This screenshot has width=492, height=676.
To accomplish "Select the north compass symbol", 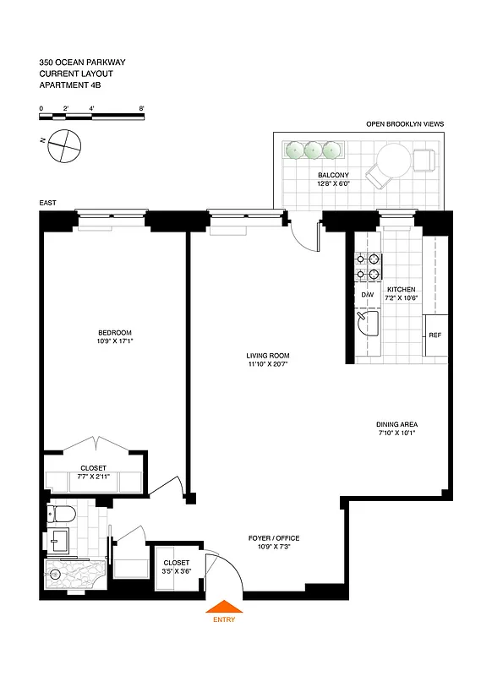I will click(x=64, y=148).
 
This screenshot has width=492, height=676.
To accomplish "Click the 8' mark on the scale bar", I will click(x=142, y=109).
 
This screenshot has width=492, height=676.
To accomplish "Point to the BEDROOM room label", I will click(x=115, y=332).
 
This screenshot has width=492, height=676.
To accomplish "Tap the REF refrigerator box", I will click(x=435, y=335).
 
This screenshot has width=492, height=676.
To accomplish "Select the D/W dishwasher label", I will click(x=368, y=295).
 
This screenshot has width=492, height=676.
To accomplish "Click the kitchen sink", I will click(x=366, y=321).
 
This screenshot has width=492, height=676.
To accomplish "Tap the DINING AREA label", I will click(x=397, y=424).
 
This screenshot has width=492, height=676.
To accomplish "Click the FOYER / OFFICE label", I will click(x=273, y=538).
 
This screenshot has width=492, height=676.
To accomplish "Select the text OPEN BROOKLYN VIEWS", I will click(x=404, y=124).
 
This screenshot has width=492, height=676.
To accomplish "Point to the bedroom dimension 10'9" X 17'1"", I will click(x=115, y=341).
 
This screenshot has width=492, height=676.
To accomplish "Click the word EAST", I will click(x=48, y=204).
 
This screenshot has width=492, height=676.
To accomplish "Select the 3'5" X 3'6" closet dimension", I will click(x=177, y=572).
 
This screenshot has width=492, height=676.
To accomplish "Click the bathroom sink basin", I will click(x=59, y=539).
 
